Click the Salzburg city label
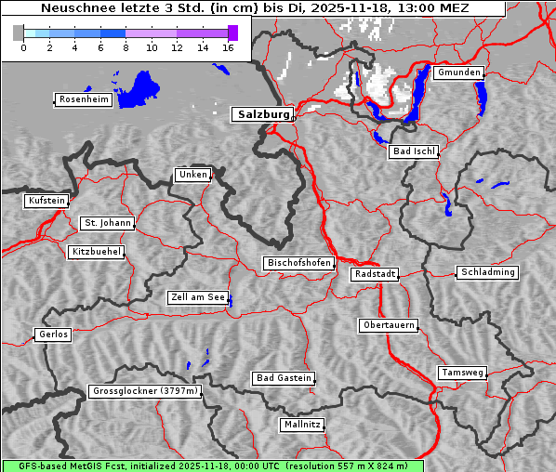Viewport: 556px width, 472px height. coord(261,114)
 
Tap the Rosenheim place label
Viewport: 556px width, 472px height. coord(83,99)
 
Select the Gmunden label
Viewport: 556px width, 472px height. coord(458,72)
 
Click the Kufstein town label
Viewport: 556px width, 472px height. coord(46,201)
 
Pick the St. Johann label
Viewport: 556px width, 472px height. coord(108,223)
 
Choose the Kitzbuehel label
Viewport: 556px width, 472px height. coord(96,252)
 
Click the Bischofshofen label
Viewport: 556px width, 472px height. coord(298,264)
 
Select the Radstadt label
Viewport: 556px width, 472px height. coord(375,274)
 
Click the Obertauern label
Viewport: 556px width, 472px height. coord(388,325)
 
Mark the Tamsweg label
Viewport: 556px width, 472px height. coord(462,373)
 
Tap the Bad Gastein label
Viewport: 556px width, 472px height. coord(284,378)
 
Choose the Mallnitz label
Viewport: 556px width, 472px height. coord(301,425)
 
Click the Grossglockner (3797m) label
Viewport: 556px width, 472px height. coord(145,392)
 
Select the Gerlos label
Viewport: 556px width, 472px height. coord(53,334)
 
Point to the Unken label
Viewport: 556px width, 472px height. coord(192,175)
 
